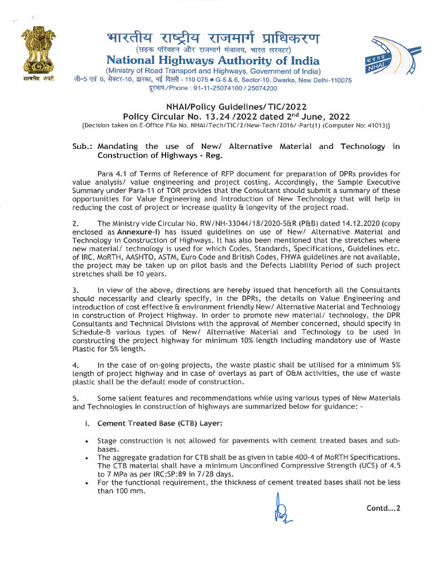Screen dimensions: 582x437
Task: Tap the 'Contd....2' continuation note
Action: (x=384, y=508)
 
